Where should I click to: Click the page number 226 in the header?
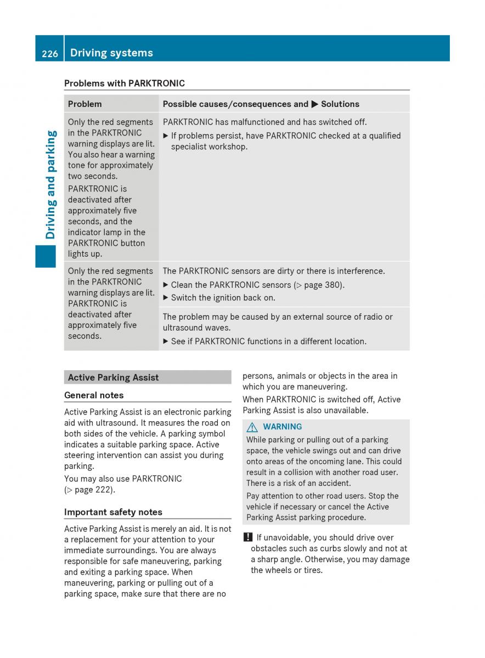pyautogui.click(x=49, y=53)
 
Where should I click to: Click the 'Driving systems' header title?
pyautogui.click(x=111, y=53)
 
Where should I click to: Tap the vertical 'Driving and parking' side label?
pyautogui.click(x=50, y=184)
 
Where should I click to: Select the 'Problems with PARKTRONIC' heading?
pyautogui.click(x=125, y=83)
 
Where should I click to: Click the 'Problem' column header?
pyautogui.click(x=84, y=104)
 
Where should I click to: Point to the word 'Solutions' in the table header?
pyautogui.click(x=340, y=104)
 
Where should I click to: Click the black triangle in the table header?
pyautogui.click(x=314, y=104)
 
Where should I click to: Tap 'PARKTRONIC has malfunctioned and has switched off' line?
pyautogui.click(x=264, y=122)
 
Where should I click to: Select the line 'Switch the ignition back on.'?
pyautogui.click(x=223, y=298)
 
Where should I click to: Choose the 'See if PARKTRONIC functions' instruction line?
pyautogui.click(x=268, y=341)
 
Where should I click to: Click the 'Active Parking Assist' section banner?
pyautogui.click(x=114, y=377)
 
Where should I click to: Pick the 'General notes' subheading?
pyautogui.click(x=94, y=395)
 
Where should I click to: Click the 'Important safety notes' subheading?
pyautogui.click(x=113, y=512)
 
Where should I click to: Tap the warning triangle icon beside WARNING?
pyautogui.click(x=252, y=427)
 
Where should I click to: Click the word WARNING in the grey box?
pyautogui.click(x=282, y=427)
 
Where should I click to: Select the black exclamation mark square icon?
pyautogui.click(x=248, y=538)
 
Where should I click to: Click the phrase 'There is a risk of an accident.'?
pyautogui.click(x=298, y=483)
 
